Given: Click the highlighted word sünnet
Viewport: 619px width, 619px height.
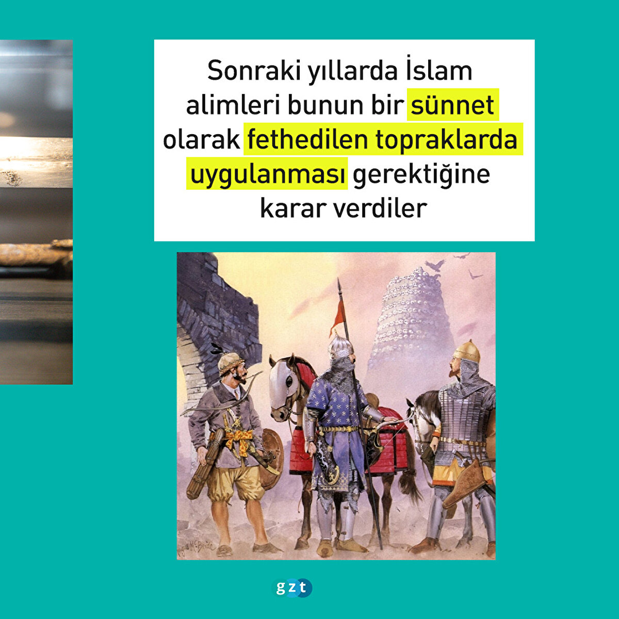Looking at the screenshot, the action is (452, 105).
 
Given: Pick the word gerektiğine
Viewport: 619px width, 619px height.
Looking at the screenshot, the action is (421, 175).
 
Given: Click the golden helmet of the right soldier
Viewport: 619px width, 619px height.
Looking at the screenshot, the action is (467, 352).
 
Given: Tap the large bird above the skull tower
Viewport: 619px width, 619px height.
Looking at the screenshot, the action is (435, 265).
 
